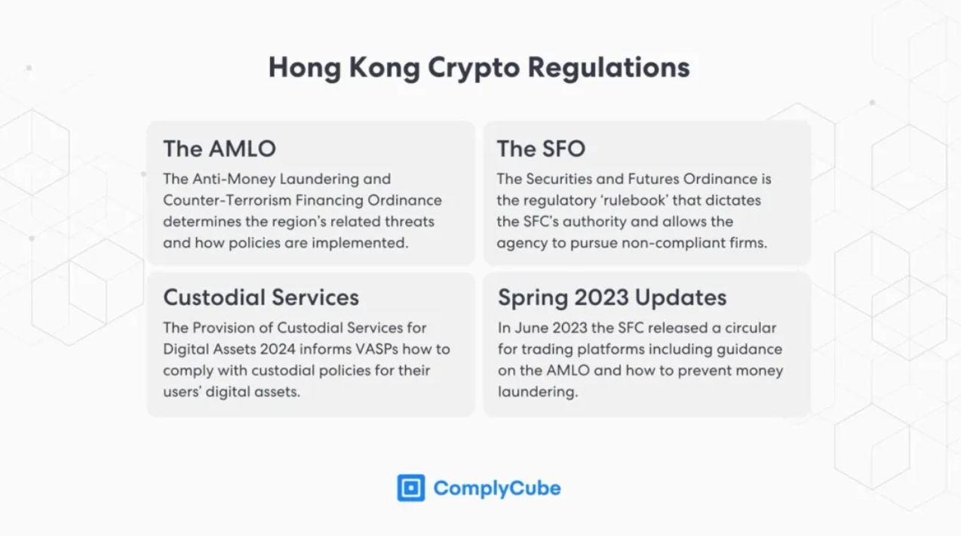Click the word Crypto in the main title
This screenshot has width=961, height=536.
(x=474, y=69)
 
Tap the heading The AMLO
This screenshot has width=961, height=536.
(x=220, y=149)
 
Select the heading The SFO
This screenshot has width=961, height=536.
(x=541, y=149)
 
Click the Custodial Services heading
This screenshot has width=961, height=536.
(x=261, y=297)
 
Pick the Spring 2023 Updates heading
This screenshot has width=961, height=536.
(x=613, y=297)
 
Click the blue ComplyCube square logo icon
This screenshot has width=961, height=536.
(x=410, y=488)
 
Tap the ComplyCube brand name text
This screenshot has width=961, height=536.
(x=497, y=488)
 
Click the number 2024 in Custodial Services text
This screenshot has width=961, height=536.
(x=277, y=350)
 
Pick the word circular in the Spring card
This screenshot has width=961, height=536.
(x=751, y=328)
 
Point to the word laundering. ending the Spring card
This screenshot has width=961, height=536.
(x=538, y=393)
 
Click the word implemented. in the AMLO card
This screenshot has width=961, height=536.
(x=360, y=244)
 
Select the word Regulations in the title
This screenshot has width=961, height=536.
(x=609, y=69)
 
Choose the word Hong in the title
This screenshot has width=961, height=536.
(x=305, y=69)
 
